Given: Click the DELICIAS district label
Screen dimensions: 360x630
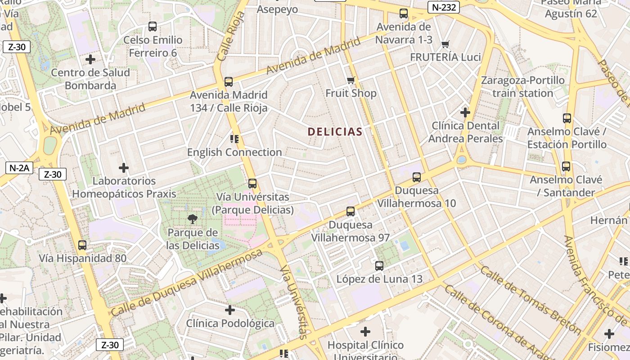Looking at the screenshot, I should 335,132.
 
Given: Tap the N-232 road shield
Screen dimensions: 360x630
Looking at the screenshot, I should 444,7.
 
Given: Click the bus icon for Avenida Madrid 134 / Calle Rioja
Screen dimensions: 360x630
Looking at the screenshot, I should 229,82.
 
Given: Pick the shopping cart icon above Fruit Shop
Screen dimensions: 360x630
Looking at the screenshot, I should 351,81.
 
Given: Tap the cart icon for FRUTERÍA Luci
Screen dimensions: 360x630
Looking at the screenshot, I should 445,44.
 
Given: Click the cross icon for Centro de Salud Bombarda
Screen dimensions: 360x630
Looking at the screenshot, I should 90,59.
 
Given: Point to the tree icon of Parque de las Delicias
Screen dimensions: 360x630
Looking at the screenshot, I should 192,219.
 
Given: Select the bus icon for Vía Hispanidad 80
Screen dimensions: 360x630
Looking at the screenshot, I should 82,245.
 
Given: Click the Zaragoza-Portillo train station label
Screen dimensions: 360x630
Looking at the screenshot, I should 522,87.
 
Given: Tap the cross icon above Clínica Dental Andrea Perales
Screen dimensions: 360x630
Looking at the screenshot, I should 465,112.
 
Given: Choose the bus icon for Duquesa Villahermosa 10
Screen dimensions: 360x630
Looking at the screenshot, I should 417,177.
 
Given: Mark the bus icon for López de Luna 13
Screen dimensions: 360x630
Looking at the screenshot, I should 379,266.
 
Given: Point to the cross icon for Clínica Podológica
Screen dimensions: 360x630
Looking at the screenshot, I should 230,310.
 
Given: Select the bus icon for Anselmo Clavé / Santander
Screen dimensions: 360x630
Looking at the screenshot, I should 566,166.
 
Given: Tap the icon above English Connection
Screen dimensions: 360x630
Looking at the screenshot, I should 234,139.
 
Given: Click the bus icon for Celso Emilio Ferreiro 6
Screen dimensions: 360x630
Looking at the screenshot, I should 153,27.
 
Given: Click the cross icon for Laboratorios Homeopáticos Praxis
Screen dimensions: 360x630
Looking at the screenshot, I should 124,168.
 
